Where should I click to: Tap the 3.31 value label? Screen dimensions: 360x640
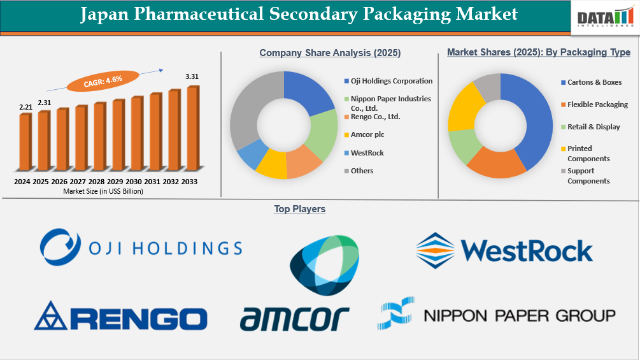pyautogui.click(x=192, y=76)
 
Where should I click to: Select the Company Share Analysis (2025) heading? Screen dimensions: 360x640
pyautogui.click(x=330, y=53)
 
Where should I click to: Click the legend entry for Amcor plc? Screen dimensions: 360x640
pyautogui.click(x=367, y=135)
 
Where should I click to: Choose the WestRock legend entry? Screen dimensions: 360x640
pyautogui.click(x=367, y=153)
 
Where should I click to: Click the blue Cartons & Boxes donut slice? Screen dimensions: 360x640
pyautogui.click(x=529, y=115)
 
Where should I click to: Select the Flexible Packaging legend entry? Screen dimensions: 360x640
pyautogui.click(x=597, y=104)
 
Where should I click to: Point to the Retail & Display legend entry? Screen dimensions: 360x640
pyautogui.click(x=594, y=127)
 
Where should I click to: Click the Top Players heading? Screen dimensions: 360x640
pyautogui.click(x=299, y=209)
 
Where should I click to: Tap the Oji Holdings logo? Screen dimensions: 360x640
pyautogui.click(x=141, y=247)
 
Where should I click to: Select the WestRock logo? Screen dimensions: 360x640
pyautogui.click(x=504, y=250)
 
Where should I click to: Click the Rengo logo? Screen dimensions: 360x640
pyautogui.click(x=120, y=317)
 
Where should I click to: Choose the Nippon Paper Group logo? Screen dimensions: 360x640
pyautogui.click(x=497, y=314)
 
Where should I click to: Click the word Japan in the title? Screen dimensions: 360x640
pyautogui.click(x=104, y=15)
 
